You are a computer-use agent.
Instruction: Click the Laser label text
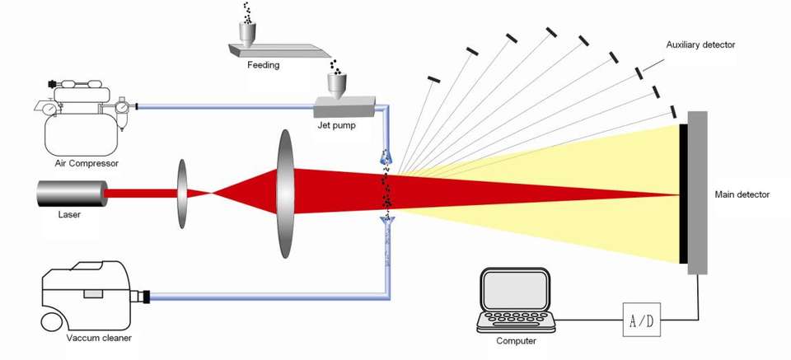click(x=69, y=214)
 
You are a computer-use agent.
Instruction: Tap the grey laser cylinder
click(x=70, y=193)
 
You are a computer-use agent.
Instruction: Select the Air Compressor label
click(x=87, y=163)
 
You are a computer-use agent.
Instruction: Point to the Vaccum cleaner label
click(x=100, y=337)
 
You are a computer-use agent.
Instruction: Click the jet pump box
click(x=343, y=105)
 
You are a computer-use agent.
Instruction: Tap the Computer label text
click(x=517, y=340)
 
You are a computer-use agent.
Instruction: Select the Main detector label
click(x=742, y=195)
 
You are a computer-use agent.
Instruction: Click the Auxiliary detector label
click(x=700, y=44)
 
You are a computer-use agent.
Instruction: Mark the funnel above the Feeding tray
click(x=248, y=33)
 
